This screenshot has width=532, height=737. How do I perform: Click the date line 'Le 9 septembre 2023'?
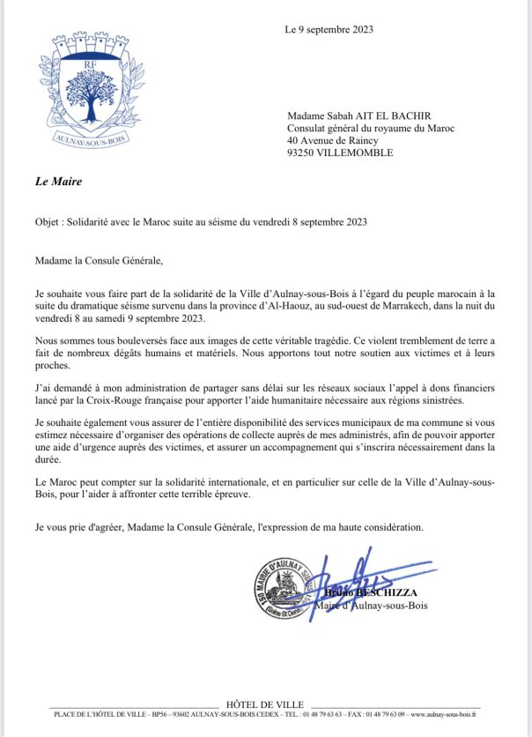pos(329,29)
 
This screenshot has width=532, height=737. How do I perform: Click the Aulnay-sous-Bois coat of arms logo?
pos(91,87)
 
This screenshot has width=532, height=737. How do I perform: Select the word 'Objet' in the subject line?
pos(48,222)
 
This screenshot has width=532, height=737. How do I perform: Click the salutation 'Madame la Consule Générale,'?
pos(100,261)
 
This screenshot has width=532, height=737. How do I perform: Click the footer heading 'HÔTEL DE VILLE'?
pos(265,704)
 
